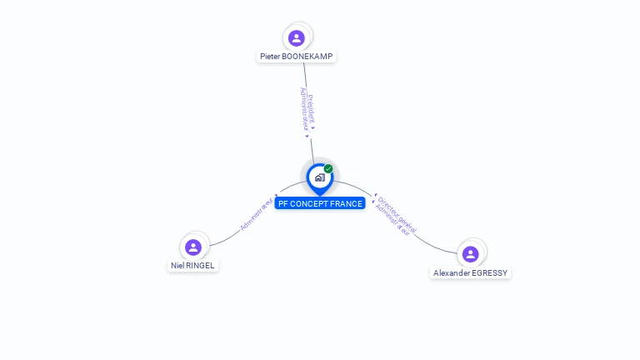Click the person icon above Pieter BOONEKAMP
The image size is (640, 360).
coord(296,37)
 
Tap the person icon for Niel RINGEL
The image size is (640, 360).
coord(193,247)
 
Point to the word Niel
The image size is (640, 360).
coord(177,266)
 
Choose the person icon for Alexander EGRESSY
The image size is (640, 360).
coord(470,253)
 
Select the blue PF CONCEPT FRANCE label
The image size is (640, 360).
coord(320,203)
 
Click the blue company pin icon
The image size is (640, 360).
coord(319,177)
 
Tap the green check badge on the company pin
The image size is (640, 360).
coord(328,169)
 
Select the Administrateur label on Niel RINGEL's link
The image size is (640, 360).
coord(256,214)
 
